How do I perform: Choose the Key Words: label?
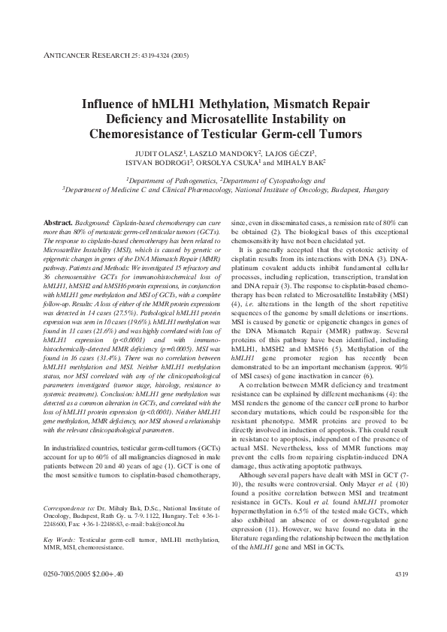pos(59,540)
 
